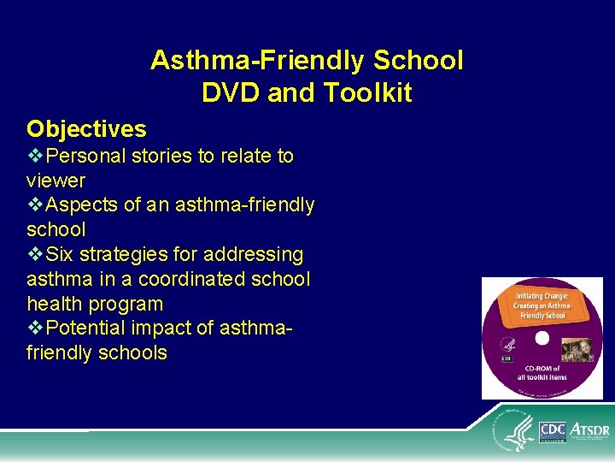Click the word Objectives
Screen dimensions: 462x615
click(x=86, y=129)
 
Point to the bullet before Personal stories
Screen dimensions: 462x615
click(x=35, y=157)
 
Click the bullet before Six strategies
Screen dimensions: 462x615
click(x=35, y=255)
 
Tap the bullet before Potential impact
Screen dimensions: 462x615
click(x=35, y=329)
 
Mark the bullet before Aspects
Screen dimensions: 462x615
click(x=35, y=205)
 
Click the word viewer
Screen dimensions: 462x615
click(x=56, y=181)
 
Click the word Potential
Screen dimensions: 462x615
click(x=86, y=329)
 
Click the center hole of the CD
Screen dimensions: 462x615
click(x=541, y=340)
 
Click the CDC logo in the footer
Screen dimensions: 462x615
click(x=553, y=430)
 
